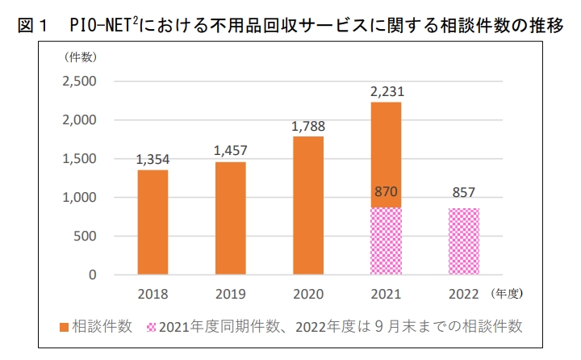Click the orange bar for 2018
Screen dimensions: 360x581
click(153, 222)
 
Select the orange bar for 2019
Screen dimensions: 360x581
click(230, 218)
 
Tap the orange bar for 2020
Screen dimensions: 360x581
click(307, 205)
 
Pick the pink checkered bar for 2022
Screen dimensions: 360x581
click(462, 241)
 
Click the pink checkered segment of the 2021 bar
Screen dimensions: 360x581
click(385, 241)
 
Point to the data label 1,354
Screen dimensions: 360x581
click(153, 160)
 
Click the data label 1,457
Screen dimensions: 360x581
click(230, 151)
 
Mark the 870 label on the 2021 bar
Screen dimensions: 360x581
click(385, 191)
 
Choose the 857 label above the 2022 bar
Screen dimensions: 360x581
click(462, 195)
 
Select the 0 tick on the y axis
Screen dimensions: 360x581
click(93, 275)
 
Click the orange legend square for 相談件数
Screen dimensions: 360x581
click(65, 327)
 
